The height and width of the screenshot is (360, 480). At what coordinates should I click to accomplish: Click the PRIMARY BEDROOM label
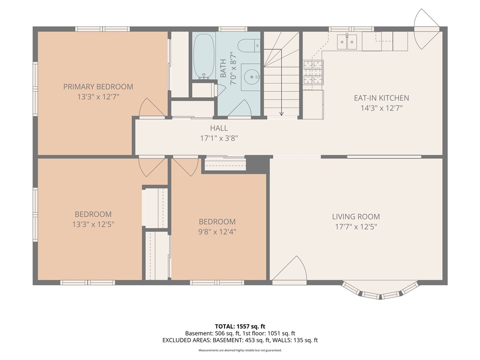click(98, 87)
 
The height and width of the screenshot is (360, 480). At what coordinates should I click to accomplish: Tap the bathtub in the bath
click(203, 56)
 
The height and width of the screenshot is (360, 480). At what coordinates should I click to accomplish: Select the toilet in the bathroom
click(249, 45)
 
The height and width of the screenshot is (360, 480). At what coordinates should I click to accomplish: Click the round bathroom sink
click(252, 77)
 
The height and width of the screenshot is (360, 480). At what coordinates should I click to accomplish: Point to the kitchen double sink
click(347, 42)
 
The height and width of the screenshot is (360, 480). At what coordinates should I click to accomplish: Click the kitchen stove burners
click(313, 72)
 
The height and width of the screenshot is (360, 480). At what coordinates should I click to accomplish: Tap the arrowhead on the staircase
click(281, 113)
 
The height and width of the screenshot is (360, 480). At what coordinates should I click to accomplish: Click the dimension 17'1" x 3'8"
click(219, 138)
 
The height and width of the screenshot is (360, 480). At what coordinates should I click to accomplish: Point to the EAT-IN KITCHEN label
click(382, 98)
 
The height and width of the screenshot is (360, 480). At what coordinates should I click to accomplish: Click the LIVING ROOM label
click(356, 217)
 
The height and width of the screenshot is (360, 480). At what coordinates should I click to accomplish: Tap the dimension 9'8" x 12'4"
click(217, 232)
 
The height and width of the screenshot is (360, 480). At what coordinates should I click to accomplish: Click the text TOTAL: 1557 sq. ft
click(240, 326)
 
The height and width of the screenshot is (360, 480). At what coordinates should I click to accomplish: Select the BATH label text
click(223, 68)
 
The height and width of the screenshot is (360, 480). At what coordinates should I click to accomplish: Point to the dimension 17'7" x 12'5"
click(356, 227)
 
